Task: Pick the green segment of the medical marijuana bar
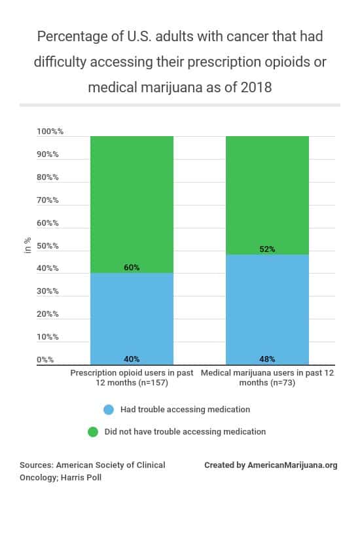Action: [x=267, y=193]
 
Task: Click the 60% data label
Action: [x=132, y=268]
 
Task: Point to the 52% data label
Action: [x=267, y=249]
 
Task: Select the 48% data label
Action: [x=267, y=359]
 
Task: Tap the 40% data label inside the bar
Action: [x=132, y=359]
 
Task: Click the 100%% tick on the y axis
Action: [x=50, y=132]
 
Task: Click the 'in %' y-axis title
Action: [x=27, y=246]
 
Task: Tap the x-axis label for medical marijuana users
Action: [x=267, y=378]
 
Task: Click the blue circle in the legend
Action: [x=109, y=410]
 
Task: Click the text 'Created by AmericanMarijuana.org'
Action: [x=270, y=465]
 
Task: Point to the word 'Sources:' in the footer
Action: [x=36, y=465]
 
